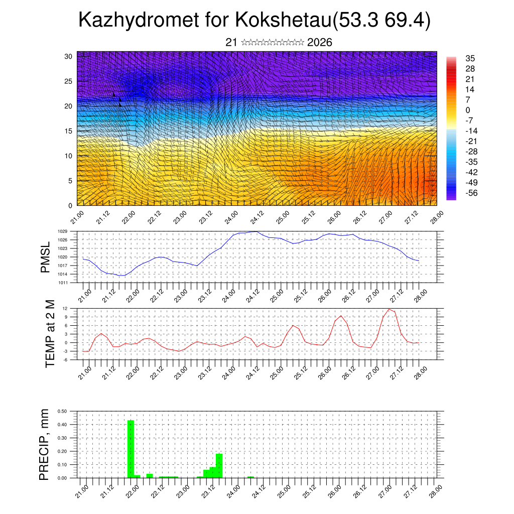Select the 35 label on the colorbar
click(470, 58)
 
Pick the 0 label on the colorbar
click(468, 110)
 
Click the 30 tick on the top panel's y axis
click(68, 56)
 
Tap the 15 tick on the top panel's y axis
click(68, 131)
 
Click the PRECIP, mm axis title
click(46, 444)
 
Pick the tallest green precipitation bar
click(131, 449)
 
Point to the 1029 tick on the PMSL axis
click(63, 231)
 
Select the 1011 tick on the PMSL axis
click(63, 283)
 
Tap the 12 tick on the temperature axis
click(65, 308)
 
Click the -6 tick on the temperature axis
click(65, 360)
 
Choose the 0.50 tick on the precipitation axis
click(63, 411)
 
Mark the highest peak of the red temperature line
click(390, 309)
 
